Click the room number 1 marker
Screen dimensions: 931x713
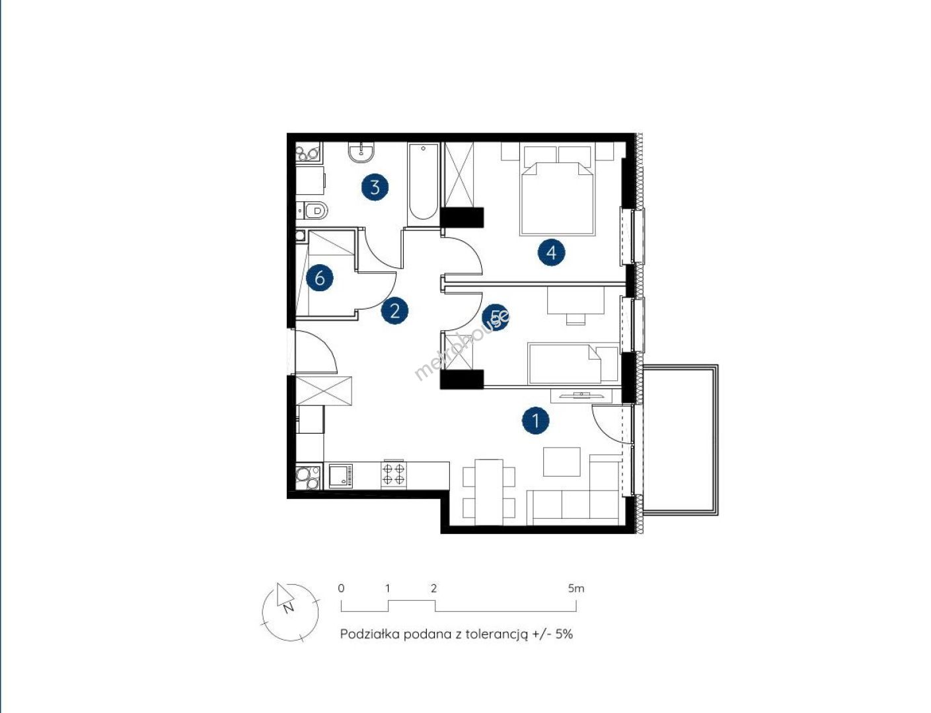[536, 420]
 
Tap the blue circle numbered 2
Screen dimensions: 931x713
[394, 310]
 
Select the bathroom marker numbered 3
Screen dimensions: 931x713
[375, 187]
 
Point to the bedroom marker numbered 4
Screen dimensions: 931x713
[552, 252]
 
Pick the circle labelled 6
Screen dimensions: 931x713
[320, 278]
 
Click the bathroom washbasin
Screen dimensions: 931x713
[361, 152]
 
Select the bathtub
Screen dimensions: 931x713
[422, 182]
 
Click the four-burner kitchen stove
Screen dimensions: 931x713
[394, 474]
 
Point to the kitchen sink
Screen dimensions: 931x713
[340, 475]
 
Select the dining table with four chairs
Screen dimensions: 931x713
[489, 492]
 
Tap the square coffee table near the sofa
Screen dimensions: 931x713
[562, 461]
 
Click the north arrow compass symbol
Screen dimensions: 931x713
[290, 611]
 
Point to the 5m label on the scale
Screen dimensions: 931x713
[576, 588]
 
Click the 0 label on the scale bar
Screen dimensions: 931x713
[340, 588]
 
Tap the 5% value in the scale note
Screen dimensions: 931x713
[564, 634]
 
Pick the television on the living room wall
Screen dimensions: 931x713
[581, 395]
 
